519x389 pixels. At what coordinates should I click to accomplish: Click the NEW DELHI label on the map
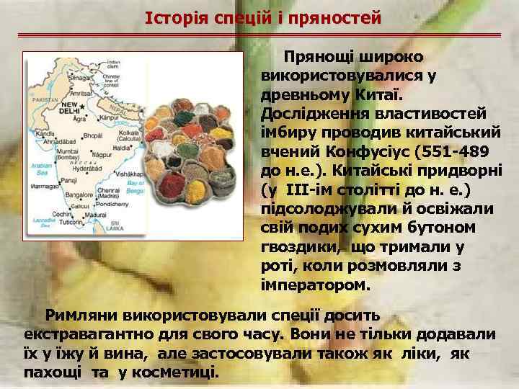(x=69, y=107)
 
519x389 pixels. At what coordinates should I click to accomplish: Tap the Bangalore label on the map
(x=77, y=194)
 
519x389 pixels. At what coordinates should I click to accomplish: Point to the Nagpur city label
(x=102, y=155)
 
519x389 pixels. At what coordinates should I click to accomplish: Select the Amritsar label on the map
(x=82, y=94)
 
